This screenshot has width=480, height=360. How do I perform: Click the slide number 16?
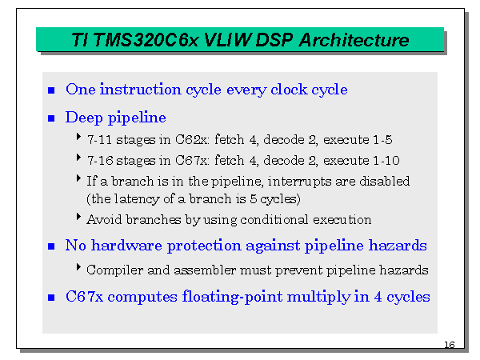pos(448,345)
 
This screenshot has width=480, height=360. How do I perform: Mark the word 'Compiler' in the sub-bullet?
pos(111,270)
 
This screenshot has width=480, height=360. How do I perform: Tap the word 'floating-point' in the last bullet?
pos(230,297)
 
